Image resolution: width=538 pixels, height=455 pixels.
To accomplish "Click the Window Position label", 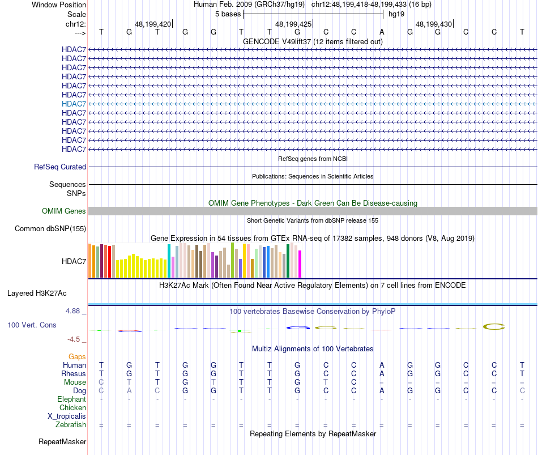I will [x=59, y=5].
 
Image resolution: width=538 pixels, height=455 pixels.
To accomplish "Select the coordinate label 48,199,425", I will [x=293, y=24].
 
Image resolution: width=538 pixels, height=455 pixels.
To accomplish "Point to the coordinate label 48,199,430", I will [x=434, y=24].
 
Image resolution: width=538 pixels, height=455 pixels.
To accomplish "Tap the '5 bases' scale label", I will [x=228, y=14].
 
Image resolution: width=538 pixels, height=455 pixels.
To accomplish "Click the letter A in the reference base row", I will [x=382, y=32].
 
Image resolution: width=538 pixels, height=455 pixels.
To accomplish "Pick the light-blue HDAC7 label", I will [x=74, y=104].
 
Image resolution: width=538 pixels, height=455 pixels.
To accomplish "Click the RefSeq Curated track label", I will [x=60, y=167].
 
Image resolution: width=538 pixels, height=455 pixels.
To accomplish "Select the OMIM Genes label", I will [x=64, y=211].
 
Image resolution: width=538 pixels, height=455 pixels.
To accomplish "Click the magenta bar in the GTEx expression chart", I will [x=300, y=264].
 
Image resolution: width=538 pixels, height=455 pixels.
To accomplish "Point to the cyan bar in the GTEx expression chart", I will [x=169, y=261].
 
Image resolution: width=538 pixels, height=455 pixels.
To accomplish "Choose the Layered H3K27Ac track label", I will [x=37, y=294].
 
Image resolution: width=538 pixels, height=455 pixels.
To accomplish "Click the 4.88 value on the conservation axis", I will [x=75, y=311].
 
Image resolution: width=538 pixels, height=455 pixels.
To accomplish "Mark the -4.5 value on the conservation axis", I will [x=75, y=339].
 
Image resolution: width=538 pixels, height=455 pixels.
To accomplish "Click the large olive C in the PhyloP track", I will [x=493, y=326].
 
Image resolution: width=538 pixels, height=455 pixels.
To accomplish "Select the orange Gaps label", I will [x=77, y=357].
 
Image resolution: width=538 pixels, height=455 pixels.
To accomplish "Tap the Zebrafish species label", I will [x=71, y=425].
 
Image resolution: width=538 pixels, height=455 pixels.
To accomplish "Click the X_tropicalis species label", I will [x=67, y=416].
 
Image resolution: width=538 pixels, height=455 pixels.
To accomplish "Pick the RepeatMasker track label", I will [x=62, y=441].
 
